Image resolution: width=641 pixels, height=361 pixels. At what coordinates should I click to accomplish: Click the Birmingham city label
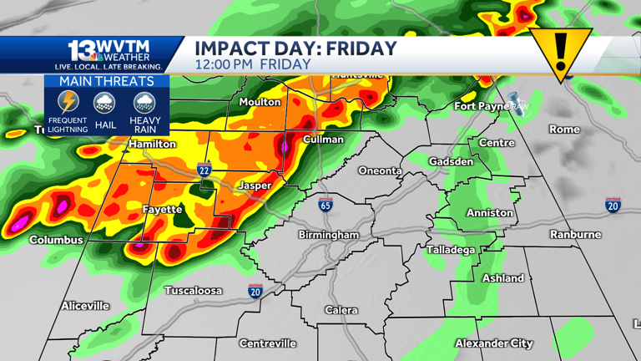tap(329, 235)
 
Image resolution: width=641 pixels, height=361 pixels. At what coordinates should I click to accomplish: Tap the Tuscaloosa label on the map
tap(193, 291)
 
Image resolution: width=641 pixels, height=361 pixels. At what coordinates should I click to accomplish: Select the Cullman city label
tap(323, 140)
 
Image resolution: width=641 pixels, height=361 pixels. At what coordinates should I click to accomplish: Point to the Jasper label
tap(255, 186)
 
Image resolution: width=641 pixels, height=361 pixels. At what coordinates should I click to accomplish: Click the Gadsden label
tap(451, 161)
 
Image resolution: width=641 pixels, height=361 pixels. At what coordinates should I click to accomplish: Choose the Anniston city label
tap(490, 213)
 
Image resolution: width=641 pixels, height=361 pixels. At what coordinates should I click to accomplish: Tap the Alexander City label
tap(494, 343)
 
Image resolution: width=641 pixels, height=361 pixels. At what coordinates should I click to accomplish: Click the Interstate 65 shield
tap(326, 205)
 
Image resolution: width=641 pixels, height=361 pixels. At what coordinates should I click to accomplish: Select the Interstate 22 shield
tap(204, 170)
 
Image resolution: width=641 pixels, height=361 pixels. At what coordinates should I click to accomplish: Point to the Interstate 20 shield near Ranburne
tap(613, 206)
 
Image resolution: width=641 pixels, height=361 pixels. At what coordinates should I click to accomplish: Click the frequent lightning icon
tap(68, 103)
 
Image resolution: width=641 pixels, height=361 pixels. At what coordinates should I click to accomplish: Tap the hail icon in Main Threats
tap(105, 103)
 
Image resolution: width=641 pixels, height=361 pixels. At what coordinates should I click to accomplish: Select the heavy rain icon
tap(144, 103)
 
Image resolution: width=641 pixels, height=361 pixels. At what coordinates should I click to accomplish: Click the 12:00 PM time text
tap(224, 64)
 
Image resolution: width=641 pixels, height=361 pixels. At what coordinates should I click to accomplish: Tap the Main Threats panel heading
tap(106, 81)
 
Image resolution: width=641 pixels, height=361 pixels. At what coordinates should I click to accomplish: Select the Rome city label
tap(564, 130)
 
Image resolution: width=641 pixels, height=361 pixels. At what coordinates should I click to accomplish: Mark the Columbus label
tap(56, 240)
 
